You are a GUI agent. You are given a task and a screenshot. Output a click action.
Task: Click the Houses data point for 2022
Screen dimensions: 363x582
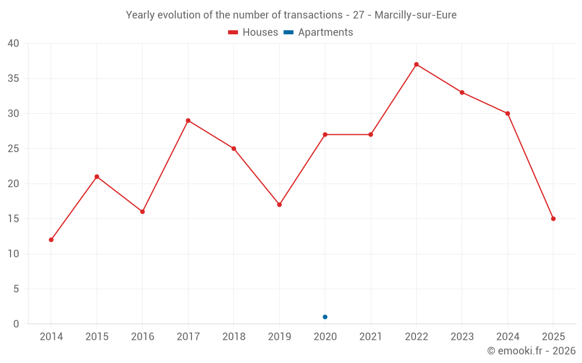(416, 64)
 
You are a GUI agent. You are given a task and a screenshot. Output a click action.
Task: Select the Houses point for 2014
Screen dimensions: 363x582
(51, 240)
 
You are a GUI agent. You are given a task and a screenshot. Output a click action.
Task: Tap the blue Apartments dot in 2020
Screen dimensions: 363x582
(325, 317)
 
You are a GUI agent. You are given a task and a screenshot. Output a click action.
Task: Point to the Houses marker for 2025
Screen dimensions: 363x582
(553, 219)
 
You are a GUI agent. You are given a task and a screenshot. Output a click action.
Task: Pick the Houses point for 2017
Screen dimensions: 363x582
(188, 120)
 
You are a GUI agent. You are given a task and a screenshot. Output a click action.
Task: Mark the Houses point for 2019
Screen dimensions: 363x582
(279, 204)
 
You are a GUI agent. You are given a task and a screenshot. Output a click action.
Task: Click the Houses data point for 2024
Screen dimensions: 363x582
(508, 113)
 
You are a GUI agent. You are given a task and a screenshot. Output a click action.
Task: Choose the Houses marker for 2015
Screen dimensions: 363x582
(97, 177)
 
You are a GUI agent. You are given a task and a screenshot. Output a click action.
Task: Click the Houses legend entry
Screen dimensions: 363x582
(253, 33)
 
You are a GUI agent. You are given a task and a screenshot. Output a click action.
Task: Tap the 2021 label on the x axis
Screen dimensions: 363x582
(371, 337)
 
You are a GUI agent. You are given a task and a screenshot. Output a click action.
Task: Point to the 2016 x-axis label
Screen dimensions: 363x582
(143, 337)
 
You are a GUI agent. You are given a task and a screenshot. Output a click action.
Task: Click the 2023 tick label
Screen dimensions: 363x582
(462, 337)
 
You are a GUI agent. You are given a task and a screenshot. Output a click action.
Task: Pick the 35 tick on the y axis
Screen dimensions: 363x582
(13, 78)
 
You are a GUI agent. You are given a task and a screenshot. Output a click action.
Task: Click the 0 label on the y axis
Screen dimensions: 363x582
(16, 324)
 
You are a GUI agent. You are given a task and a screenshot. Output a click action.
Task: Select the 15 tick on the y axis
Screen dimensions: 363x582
(13, 219)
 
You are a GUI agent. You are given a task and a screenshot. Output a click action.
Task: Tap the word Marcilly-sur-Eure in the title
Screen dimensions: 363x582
(416, 15)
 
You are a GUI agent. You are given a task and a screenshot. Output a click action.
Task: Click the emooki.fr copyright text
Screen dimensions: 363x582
(531, 351)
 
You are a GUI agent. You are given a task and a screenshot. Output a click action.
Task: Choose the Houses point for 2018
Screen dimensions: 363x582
(234, 149)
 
